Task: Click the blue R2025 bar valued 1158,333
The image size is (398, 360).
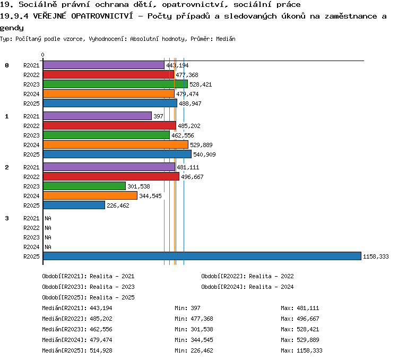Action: click(202, 256)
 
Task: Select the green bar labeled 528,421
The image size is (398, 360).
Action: click(115, 84)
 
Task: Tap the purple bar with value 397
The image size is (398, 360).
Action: click(97, 116)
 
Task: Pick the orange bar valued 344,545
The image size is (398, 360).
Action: click(90, 195)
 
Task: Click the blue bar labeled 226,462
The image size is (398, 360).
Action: click(74, 205)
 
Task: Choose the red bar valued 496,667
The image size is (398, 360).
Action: click(111, 176)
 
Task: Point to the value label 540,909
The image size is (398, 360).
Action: click(204, 155)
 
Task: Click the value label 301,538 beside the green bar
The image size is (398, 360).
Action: click(139, 186)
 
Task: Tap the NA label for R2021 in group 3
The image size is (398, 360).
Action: click(48, 218)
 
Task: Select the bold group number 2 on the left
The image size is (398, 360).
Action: click(7, 167)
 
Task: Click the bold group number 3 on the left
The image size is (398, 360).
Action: click(7, 218)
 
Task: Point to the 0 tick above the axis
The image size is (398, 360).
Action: click(42, 55)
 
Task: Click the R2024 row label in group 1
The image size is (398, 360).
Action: click(31, 145)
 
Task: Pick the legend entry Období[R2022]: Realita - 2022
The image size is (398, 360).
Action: click(247, 276)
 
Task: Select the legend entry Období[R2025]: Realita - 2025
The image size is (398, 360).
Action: click(88, 297)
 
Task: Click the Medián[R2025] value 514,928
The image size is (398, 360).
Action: click(101, 350)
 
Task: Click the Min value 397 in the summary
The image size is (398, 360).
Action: click(195, 308)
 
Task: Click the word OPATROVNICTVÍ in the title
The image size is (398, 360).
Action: click(102, 16)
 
